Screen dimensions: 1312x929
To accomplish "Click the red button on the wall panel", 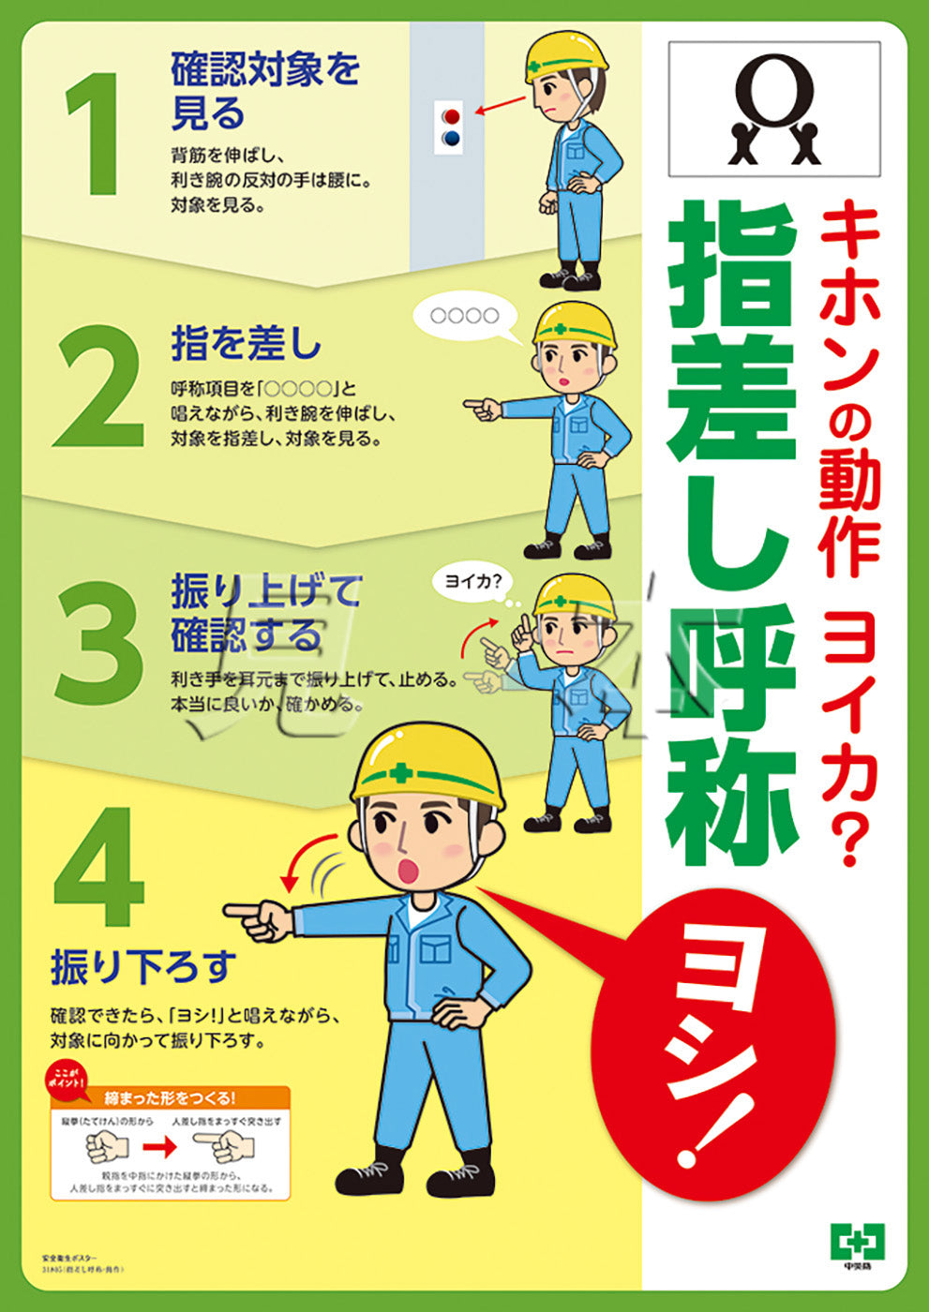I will point(451,116).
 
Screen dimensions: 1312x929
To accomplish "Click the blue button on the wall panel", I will point(451,138).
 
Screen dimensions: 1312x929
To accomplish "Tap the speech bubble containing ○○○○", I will point(466,317).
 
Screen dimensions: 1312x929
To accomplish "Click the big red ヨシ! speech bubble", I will point(717,1040).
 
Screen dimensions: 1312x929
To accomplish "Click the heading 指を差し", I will point(246,343).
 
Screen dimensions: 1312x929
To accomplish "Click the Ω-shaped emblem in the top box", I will point(774,109).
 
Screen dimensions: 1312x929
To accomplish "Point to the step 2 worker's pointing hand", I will point(481,409).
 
